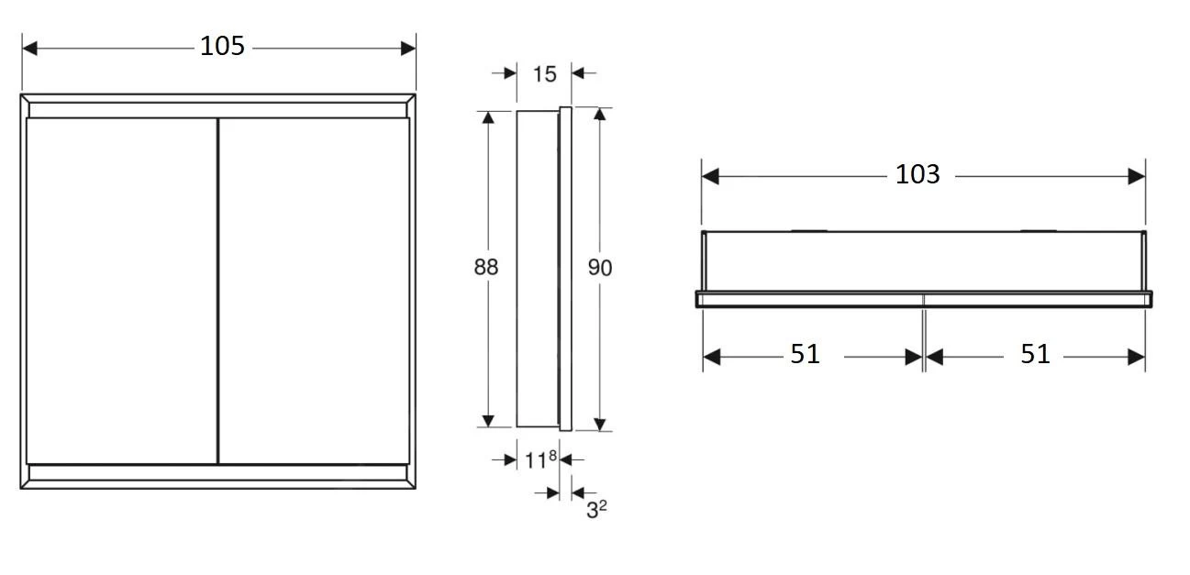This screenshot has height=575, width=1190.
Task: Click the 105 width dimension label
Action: point(222,46)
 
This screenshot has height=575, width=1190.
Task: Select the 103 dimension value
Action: point(918,174)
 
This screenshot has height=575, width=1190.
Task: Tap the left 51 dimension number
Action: point(805,354)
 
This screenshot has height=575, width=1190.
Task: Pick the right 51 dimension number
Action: point(1035,354)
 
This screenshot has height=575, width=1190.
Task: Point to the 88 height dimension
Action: point(485,267)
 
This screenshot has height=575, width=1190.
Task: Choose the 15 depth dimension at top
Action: point(544,73)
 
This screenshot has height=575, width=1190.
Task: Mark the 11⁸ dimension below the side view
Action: point(540,459)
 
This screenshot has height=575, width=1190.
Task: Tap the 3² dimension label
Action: point(596,509)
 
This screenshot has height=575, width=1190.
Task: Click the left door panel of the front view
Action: point(121,290)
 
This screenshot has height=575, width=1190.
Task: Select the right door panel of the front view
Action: point(314,290)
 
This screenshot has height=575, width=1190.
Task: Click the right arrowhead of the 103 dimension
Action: point(1138,175)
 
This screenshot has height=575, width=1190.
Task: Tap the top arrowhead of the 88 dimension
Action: point(488,117)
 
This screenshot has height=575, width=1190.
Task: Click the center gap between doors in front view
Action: point(217,290)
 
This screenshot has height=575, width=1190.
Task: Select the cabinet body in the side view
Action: point(538,268)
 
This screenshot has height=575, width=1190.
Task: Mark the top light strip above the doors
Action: point(218,110)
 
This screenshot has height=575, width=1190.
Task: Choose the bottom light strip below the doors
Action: point(218,472)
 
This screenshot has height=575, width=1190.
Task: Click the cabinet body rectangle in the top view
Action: point(923,261)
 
